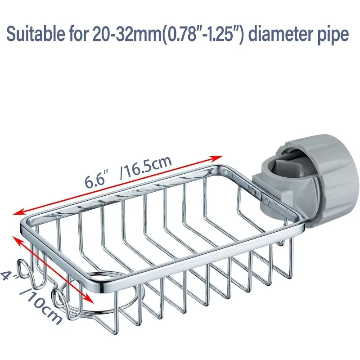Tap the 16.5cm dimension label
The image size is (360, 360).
coord(146,167)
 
